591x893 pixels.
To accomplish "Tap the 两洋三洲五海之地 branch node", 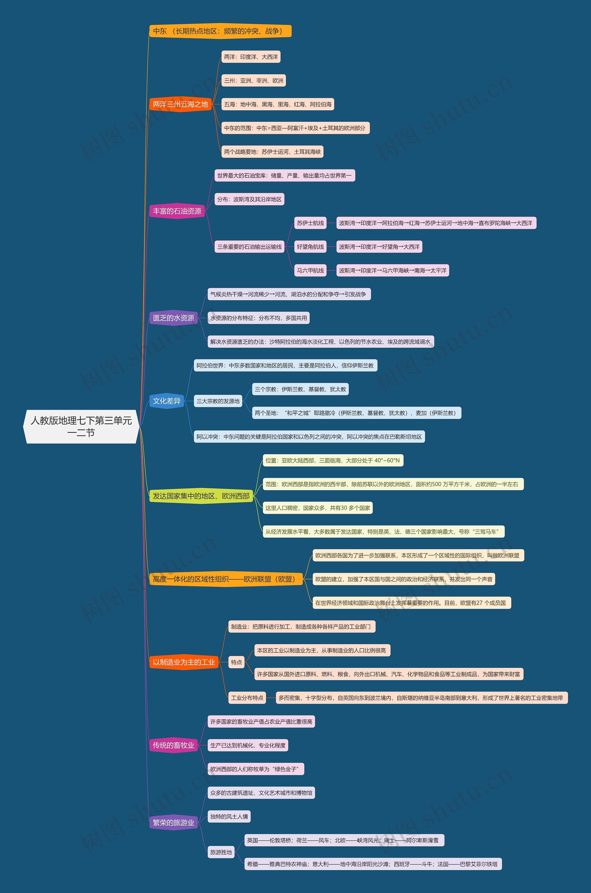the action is (180, 104).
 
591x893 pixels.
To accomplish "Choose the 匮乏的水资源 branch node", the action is (173, 318).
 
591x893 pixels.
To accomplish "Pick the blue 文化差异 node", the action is (167, 401).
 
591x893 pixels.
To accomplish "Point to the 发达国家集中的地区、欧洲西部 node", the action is (201, 496).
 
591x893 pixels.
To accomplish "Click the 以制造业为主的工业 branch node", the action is (184, 662).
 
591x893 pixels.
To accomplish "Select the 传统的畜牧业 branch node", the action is (173, 745).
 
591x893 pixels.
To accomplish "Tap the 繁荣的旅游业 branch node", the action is (173, 823).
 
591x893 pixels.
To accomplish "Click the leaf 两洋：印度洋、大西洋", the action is (251, 57).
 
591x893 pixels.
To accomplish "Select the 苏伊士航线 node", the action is (310, 223).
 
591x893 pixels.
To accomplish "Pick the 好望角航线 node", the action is (310, 247).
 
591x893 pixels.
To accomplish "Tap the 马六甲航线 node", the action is (310, 270).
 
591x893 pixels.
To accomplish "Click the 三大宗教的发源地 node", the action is (218, 401).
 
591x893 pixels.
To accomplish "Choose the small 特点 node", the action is (236, 662).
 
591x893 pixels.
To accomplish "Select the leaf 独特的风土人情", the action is (229, 817).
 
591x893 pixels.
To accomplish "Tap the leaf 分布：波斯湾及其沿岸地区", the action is (249, 199).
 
